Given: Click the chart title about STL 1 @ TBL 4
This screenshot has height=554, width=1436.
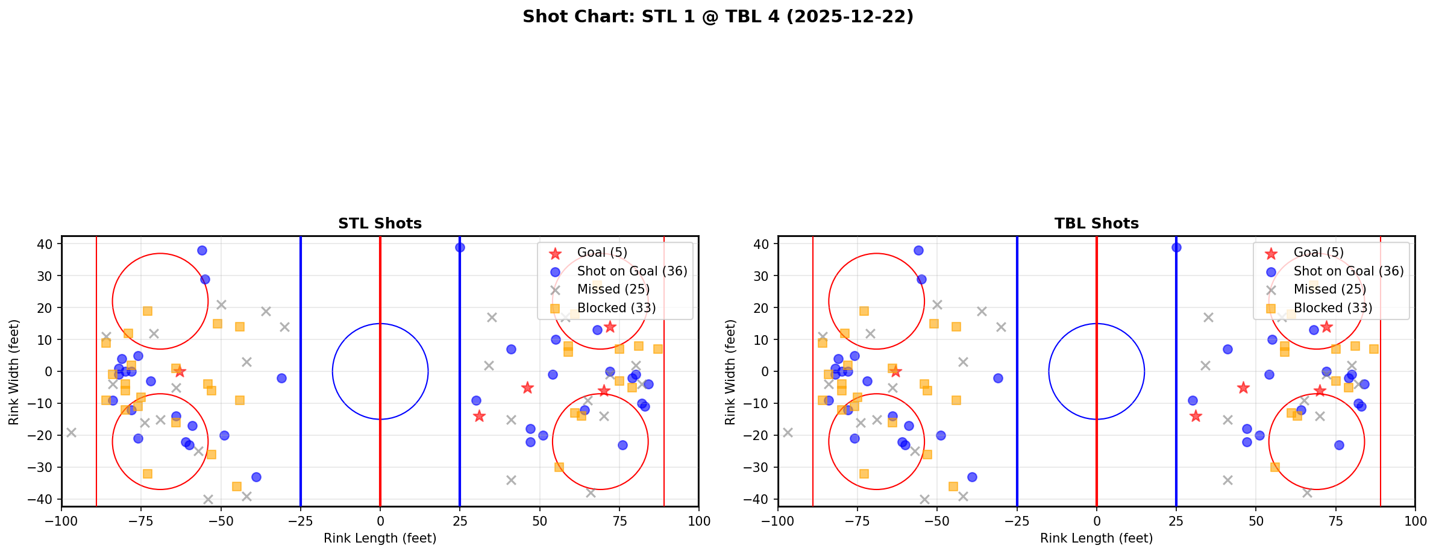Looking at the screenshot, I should point(718,16).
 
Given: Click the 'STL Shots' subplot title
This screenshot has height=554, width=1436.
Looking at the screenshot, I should point(380,224).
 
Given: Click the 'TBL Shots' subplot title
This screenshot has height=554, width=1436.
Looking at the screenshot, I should point(1096,224).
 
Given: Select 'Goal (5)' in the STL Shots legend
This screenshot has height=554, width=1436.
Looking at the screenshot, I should point(602,253).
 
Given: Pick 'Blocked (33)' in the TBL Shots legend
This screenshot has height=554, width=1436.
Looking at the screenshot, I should point(1332,308).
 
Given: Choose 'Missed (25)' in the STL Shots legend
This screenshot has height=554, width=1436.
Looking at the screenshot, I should point(613,289).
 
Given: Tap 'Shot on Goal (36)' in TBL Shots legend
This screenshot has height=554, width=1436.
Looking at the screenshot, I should point(1348,271).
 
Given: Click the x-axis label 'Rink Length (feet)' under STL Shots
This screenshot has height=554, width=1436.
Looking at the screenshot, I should point(380,538).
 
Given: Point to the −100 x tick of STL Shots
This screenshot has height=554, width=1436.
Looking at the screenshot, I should point(61,521).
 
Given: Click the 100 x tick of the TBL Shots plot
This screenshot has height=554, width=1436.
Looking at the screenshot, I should point(1414,521).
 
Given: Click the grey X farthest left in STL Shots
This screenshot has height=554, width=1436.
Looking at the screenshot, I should point(71,432).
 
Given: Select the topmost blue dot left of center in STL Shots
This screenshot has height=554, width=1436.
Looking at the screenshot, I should point(202,250).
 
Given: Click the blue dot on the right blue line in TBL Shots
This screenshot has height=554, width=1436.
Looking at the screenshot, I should point(1176,247).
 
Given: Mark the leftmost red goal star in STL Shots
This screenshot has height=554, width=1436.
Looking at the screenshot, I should point(180,371).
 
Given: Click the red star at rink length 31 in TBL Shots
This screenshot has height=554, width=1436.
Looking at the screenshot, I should point(1196,416).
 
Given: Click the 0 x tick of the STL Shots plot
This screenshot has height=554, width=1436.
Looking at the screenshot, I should point(380,521).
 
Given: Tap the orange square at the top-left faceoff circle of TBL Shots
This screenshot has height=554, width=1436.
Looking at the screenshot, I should point(864,311).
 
